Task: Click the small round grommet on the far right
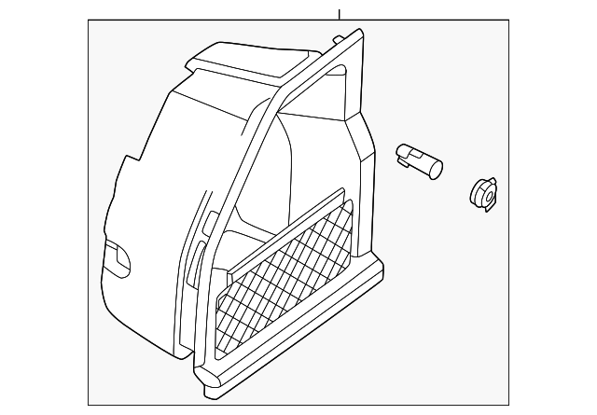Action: pos(481,194)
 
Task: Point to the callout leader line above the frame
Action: pos(340,13)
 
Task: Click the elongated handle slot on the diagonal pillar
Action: pos(199,256)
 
